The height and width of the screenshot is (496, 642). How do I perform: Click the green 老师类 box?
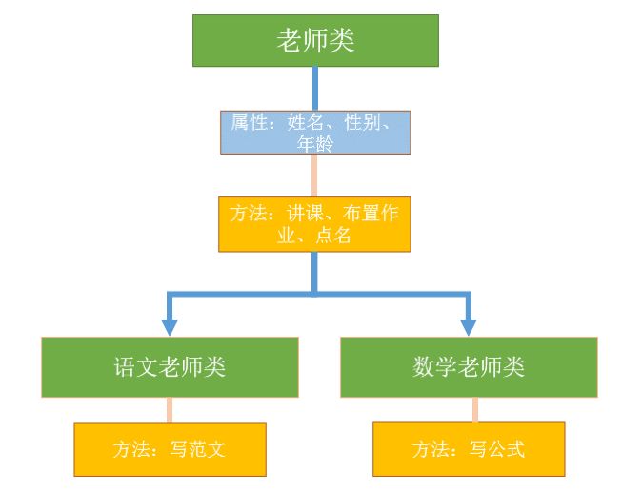315,41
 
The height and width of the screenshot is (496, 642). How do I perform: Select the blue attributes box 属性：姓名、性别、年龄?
315,133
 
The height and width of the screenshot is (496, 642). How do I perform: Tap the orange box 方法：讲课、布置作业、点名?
314,224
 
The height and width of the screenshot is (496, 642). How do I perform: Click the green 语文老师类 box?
170,366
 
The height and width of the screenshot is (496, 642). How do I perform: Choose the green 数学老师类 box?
469,366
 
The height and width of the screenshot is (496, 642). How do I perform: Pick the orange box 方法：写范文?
170,448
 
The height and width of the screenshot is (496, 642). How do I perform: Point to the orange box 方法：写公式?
469,448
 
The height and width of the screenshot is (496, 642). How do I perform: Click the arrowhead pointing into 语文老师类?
170,326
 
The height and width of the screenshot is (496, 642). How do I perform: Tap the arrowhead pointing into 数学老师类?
469,326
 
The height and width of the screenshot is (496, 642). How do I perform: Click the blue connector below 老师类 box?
315,89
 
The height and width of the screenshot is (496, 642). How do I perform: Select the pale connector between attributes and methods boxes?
314,176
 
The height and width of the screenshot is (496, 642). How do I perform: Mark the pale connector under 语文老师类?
170,409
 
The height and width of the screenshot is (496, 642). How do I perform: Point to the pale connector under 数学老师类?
475,409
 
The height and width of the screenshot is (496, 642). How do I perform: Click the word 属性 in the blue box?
247,122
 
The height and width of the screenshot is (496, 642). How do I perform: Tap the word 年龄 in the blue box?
314,144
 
